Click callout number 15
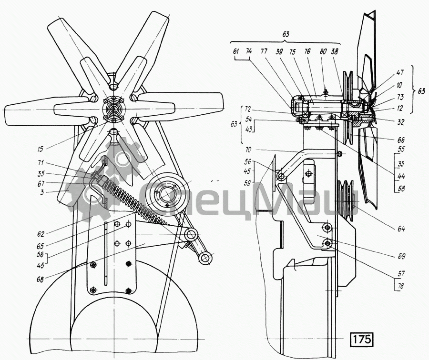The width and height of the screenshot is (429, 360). [41, 149]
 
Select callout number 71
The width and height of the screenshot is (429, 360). [41, 164]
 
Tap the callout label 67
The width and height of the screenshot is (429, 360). [41, 183]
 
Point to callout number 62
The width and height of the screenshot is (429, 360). [41, 234]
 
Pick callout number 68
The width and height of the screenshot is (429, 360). [41, 280]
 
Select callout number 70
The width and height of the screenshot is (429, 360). [249, 150]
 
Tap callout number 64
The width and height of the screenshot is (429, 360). [401, 229]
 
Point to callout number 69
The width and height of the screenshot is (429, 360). [401, 256]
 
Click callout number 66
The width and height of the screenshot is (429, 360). [401, 140]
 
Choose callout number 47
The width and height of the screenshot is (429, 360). [400, 73]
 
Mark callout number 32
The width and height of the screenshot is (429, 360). [401, 122]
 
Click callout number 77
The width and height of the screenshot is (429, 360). [264, 51]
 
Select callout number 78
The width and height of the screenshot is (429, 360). [401, 286]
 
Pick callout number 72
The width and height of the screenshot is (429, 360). [248, 110]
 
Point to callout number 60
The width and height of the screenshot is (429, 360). [323, 51]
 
